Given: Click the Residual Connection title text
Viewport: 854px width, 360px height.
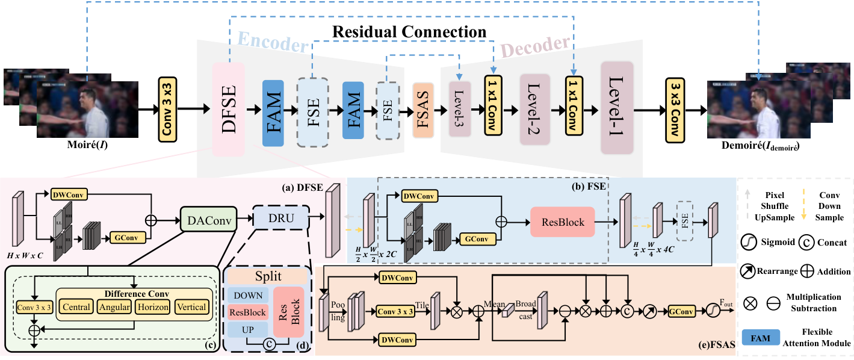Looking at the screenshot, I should pyautogui.click(x=410, y=31).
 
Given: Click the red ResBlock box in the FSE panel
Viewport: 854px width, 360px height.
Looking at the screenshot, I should pyautogui.click(x=562, y=222).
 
